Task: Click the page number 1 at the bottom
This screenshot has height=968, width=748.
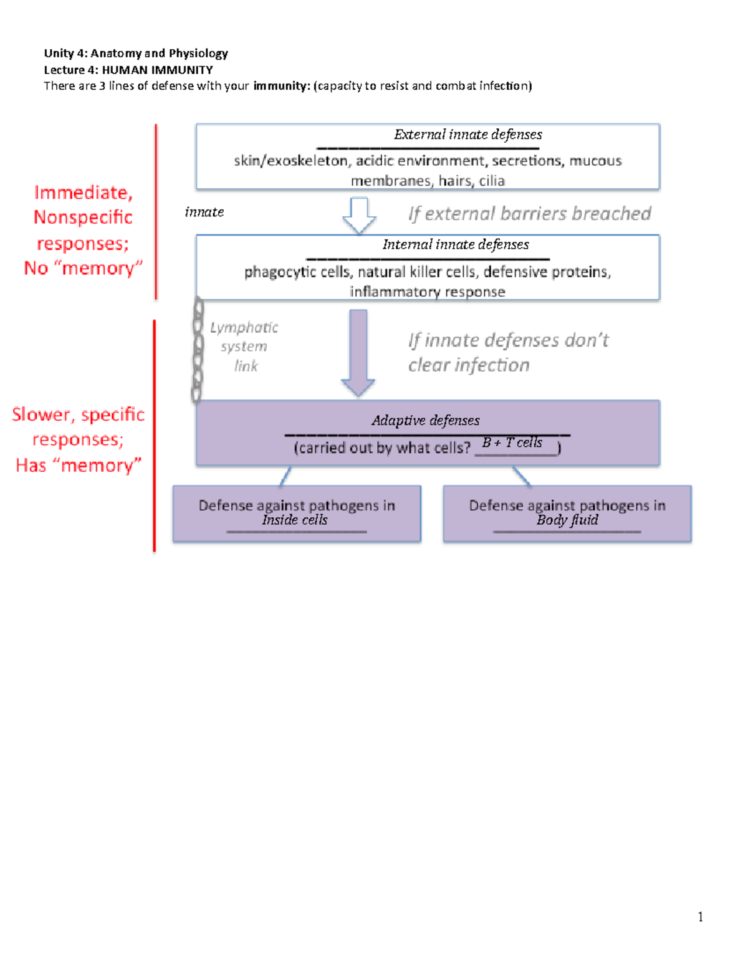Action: (x=701, y=916)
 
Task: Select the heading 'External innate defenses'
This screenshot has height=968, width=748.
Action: (x=467, y=135)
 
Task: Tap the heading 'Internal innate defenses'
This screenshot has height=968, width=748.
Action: (x=456, y=244)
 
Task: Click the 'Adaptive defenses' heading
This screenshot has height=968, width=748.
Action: (x=426, y=421)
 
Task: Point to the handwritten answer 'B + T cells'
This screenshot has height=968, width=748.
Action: (x=512, y=443)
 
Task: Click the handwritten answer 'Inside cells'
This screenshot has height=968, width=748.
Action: (x=294, y=520)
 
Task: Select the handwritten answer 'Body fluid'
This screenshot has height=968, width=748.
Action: (x=567, y=520)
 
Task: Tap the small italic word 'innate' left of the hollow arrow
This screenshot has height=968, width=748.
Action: (x=204, y=212)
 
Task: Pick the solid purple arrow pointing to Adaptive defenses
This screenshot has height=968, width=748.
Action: (x=358, y=352)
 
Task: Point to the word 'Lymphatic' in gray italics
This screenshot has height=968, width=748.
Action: (x=244, y=327)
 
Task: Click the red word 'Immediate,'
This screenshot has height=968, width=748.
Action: (x=84, y=193)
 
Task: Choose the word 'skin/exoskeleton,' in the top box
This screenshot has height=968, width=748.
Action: (x=291, y=161)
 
